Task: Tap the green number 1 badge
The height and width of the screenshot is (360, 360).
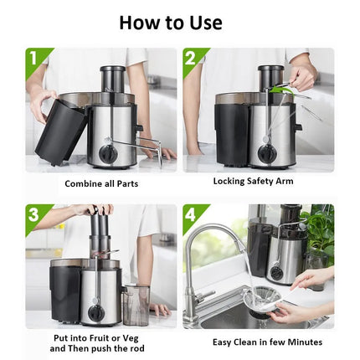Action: tap(34, 59)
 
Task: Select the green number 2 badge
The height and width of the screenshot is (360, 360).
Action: tap(192, 59)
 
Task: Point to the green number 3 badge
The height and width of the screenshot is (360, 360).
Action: tap(34, 215)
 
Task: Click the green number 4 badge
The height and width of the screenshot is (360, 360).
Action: tap(192, 215)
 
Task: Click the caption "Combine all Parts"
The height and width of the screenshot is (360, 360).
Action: tap(101, 183)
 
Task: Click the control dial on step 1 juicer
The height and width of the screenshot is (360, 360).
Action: tap(107, 154)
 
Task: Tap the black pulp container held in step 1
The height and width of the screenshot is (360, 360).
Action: tap(59, 129)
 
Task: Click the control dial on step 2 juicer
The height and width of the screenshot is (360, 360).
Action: tap(265, 153)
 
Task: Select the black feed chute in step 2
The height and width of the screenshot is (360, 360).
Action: tap(270, 79)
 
